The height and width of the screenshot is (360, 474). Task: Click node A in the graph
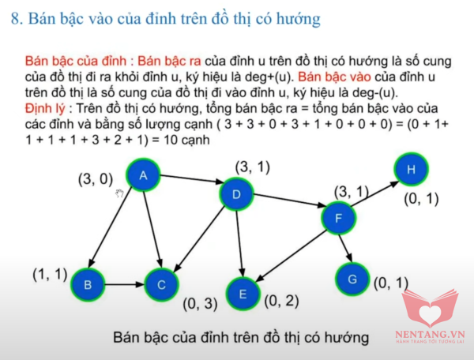pos(143,174)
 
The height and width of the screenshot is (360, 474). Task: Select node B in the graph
pos(88,284)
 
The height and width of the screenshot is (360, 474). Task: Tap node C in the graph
pos(161,284)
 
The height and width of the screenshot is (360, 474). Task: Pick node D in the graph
pos(236,194)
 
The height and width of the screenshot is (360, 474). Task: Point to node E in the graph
pos(243,294)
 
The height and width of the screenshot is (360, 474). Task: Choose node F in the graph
pos(339,218)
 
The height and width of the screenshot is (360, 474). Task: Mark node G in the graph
pos(352,279)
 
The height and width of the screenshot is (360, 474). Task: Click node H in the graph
pos(411,169)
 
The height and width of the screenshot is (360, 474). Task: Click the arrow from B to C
pos(125,284)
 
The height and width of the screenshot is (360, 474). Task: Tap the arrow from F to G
pos(345,248)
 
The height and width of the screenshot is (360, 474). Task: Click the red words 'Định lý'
pos(45,109)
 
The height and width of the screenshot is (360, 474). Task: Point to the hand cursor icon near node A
pos(120,193)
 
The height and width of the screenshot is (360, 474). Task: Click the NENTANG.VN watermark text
pos(430,334)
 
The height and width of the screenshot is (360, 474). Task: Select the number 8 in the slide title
pos(15,19)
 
